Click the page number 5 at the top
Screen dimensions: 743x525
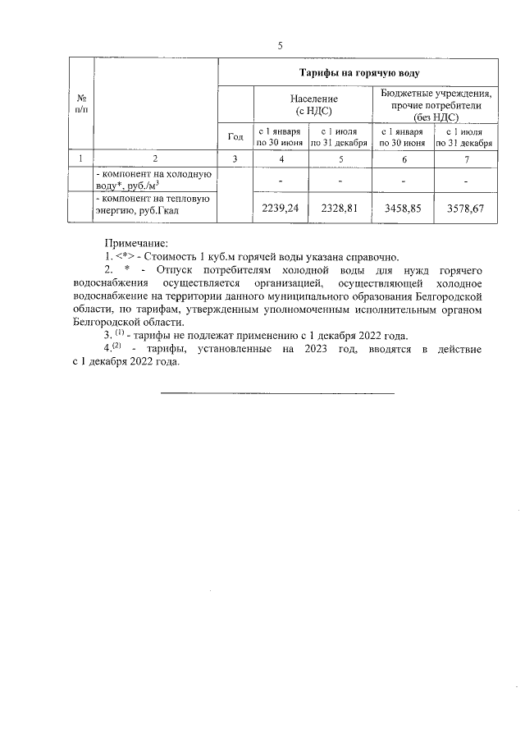tap(280, 45)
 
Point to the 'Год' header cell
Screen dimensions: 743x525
tap(235, 136)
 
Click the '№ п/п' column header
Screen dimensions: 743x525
tap(80, 104)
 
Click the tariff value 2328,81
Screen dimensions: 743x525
tap(338, 209)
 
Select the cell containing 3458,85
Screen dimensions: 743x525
tap(404, 209)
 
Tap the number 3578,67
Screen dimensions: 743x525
tap(465, 209)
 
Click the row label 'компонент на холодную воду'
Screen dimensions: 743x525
tap(154, 180)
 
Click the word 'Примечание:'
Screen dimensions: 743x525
tap(135, 242)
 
